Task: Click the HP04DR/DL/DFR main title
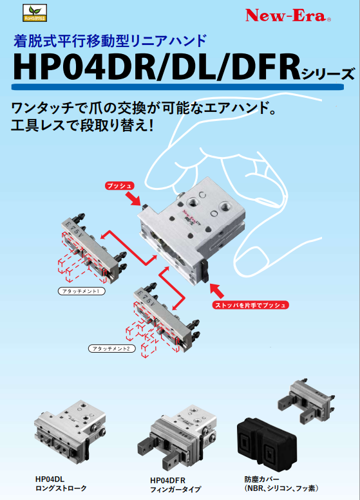click(155, 66)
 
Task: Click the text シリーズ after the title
click(328, 73)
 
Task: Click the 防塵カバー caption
click(261, 479)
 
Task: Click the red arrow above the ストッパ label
click(217, 288)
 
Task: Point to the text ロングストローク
click(61, 488)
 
